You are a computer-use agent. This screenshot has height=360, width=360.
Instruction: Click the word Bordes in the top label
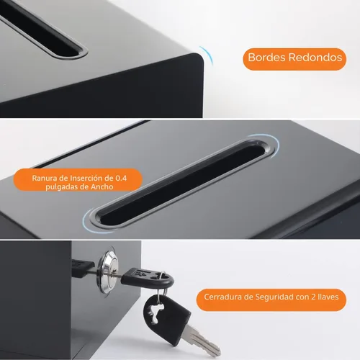click(267, 58)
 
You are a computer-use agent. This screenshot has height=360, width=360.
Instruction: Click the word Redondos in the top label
click(315, 58)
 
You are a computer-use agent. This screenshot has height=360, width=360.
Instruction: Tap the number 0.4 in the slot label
click(121, 178)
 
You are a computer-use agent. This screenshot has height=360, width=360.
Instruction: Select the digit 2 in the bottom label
click(313, 297)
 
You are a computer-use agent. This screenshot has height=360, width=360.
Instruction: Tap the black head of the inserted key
click(147, 278)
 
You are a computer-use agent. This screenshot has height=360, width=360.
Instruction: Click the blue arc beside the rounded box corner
click(207, 55)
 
